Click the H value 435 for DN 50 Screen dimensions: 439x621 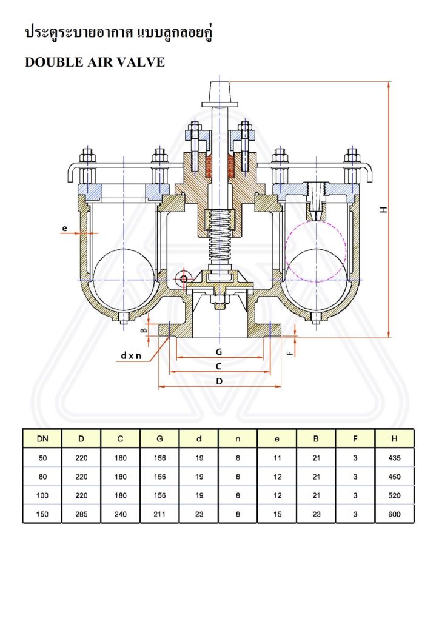394,458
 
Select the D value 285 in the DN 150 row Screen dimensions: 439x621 81,514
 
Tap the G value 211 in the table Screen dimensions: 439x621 160,514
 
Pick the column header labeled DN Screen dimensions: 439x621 42,439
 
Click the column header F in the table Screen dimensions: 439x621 355,439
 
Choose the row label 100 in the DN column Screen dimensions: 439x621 42,495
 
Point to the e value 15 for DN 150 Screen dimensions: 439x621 277,514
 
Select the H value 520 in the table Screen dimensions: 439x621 394,495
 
